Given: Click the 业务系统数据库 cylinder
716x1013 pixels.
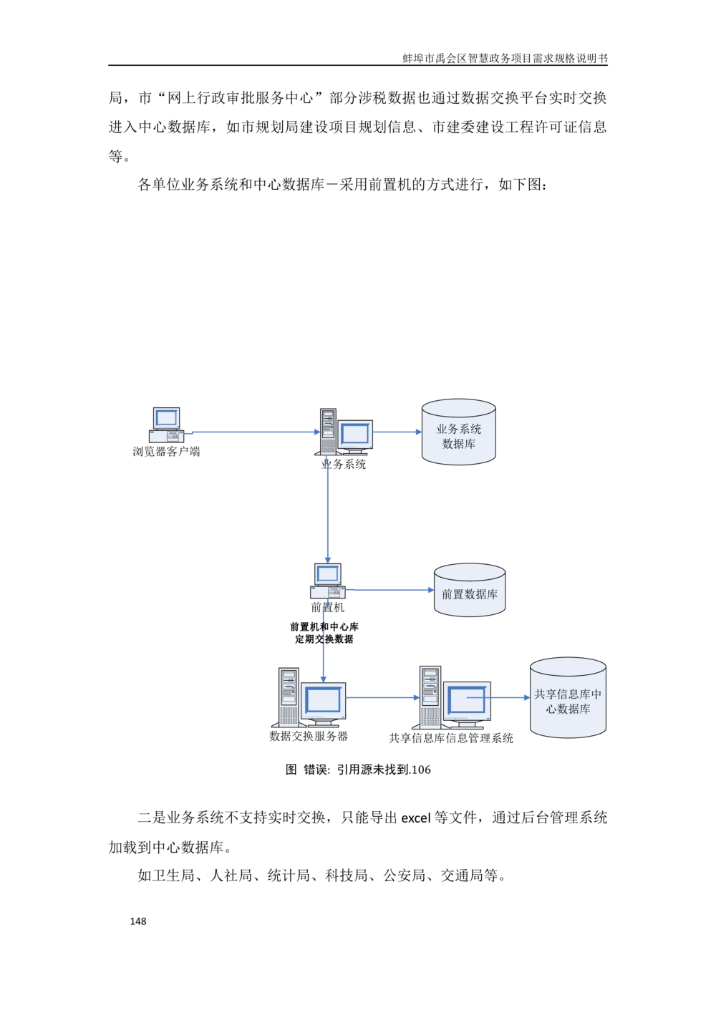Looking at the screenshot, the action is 458,432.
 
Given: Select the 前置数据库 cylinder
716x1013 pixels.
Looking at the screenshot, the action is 470,590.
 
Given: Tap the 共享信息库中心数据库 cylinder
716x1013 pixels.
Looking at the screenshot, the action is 568,697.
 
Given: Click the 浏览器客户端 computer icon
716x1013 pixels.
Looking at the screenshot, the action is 166,425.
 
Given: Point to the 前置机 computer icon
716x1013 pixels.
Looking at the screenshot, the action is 327,581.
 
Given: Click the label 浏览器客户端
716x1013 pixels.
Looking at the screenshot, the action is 166,451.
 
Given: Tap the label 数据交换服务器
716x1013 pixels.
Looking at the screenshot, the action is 309,736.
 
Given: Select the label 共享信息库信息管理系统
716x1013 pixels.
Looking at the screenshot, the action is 451,739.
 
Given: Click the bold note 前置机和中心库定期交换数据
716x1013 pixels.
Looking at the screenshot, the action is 324,633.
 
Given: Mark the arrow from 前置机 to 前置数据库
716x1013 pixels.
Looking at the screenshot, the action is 390,590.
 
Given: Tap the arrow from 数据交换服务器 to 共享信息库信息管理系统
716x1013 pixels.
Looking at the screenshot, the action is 382,697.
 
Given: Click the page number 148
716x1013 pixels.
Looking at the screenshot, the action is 138,921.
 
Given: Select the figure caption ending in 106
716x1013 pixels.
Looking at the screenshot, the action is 358,770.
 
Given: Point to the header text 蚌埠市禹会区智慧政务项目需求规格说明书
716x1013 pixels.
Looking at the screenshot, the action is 505,58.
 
